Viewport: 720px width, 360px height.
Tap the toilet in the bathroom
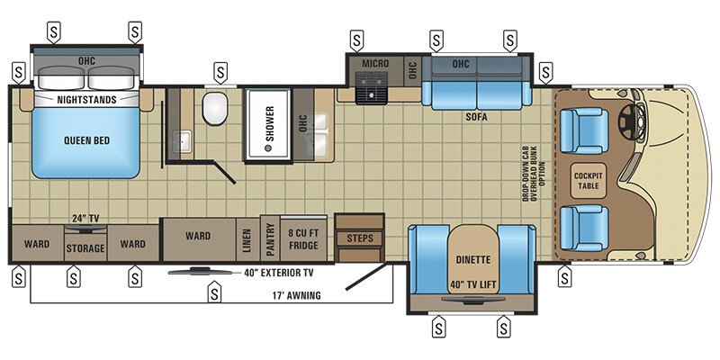click(215, 111)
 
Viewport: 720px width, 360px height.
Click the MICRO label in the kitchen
click(374, 65)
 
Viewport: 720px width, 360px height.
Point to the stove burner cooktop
click(369, 87)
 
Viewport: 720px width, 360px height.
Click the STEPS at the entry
click(359, 238)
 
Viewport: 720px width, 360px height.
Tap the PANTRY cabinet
click(270, 238)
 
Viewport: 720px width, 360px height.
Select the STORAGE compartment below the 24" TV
click(85, 247)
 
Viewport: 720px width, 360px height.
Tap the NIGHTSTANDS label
click(86, 100)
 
